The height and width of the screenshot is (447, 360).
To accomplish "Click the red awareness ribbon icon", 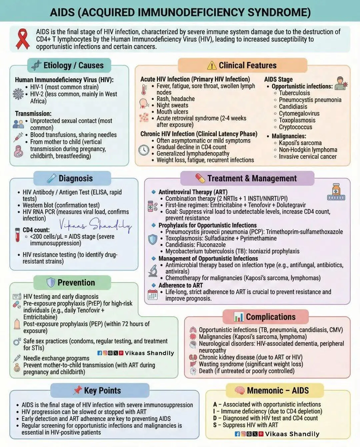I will tap(23, 39).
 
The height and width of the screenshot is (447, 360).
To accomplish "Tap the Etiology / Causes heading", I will tap(73, 65).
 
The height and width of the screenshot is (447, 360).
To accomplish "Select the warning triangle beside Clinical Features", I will tap(212, 65).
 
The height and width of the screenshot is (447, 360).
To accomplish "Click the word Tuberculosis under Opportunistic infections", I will tap(294, 93).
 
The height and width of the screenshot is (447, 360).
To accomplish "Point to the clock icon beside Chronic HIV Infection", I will tap(144, 150).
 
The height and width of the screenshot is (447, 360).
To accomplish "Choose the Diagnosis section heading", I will tap(76, 178).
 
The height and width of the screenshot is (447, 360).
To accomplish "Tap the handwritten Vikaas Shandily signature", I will tap(95, 225).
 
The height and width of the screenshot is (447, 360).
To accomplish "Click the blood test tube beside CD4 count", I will tap(17, 235).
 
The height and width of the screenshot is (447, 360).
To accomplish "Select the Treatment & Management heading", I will tap(252, 178).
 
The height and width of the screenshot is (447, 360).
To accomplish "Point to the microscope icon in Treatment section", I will tap(153, 271).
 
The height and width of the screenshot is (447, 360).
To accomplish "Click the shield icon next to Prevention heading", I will tap(50, 283).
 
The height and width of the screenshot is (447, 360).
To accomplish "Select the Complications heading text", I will tap(271, 317).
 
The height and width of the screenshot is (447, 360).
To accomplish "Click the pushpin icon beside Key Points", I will tap(77, 390).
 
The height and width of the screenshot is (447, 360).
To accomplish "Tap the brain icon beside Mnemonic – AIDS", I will tap(239, 390).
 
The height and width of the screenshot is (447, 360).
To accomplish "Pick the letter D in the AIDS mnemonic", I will tap(215, 418).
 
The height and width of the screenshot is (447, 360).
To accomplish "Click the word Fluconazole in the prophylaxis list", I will tap(209, 245).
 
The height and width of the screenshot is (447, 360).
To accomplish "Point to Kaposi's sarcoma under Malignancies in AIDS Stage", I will tap(300, 143).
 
